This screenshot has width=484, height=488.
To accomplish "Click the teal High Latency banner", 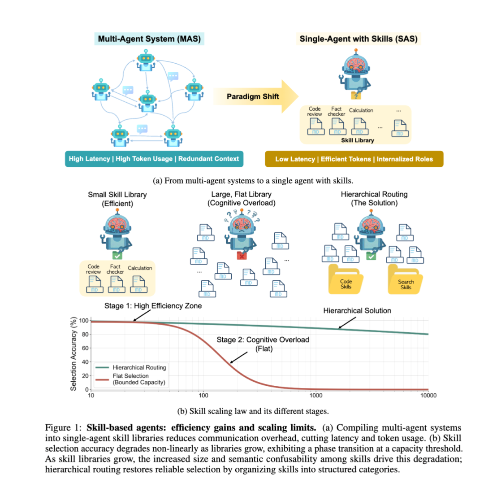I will tap(154, 158).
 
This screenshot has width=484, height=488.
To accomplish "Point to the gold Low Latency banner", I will tap(354, 158).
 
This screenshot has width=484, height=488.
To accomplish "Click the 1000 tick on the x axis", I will tap(316, 396).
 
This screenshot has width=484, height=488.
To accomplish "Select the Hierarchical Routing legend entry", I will tap(138, 368).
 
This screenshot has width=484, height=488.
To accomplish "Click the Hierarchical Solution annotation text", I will tap(357, 310).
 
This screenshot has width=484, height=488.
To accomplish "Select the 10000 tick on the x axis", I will tap(428, 396).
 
